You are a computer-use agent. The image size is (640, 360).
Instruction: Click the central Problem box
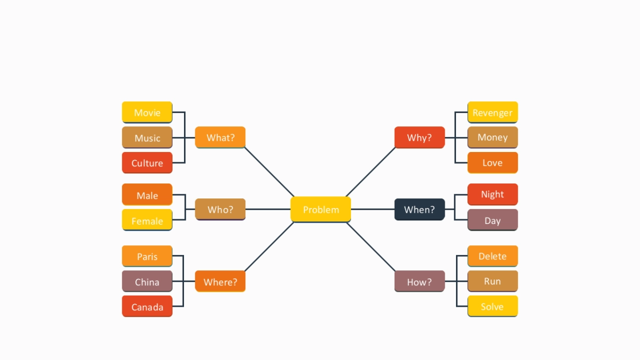click(321, 209)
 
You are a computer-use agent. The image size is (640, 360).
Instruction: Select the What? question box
click(220, 137)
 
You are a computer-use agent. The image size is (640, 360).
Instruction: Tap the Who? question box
click(220, 209)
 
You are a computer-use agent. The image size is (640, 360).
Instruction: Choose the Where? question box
click(220, 281)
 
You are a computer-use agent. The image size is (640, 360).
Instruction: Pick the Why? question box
click(419, 137)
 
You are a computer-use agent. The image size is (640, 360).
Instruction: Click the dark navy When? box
click(419, 209)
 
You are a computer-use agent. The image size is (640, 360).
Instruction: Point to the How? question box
click(419, 281)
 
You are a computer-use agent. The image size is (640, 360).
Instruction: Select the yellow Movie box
click(147, 112)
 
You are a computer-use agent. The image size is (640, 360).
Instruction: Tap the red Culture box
click(147, 163)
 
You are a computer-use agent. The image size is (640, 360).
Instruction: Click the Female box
click(147, 220)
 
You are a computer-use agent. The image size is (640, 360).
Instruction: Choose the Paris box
click(147, 256)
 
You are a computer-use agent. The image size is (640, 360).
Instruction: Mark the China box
click(147, 281)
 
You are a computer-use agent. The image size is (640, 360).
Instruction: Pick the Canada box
click(147, 306)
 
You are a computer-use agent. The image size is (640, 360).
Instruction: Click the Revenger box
click(492, 112)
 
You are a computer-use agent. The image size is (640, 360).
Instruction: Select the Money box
click(492, 137)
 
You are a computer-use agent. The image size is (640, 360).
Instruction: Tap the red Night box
click(492, 194)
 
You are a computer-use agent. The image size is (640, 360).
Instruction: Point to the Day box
click(492, 220)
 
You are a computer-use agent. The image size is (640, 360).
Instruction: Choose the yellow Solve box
click(492, 306)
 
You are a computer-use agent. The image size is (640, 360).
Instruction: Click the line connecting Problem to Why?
click(371, 172)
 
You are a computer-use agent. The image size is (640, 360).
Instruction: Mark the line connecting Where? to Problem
click(269, 246)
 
